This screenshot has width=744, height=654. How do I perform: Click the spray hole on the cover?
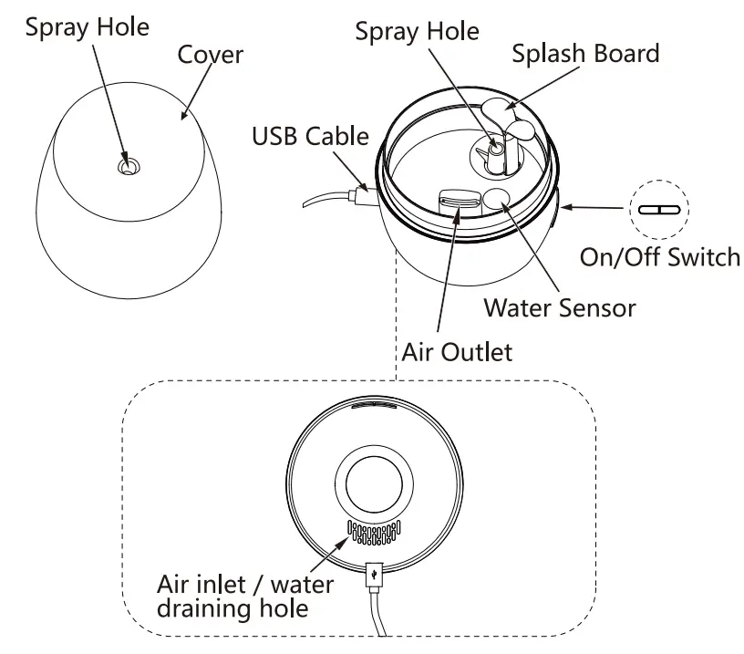[128, 166]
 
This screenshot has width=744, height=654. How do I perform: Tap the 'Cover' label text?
[211, 54]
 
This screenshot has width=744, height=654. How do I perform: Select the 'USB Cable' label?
[310, 137]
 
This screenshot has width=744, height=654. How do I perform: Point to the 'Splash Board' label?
[584, 53]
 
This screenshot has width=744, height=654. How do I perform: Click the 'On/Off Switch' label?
[660, 257]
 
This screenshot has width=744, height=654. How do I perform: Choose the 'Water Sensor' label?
[559, 307]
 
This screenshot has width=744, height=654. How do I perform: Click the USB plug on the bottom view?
[373, 576]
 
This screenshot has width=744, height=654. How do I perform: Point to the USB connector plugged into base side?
[360, 194]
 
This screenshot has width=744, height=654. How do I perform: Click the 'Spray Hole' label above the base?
[417, 32]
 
